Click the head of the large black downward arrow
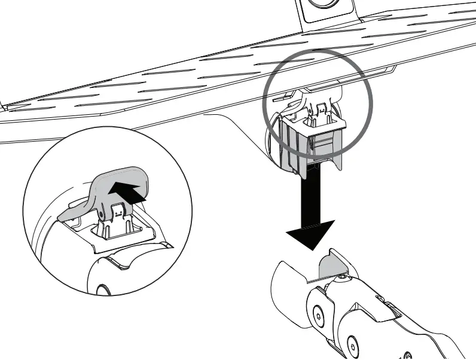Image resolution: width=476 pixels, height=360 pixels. click(310, 233)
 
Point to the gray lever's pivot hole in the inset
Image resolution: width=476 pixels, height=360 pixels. click(102, 212)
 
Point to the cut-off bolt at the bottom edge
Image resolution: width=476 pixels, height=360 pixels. click(408, 355)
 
